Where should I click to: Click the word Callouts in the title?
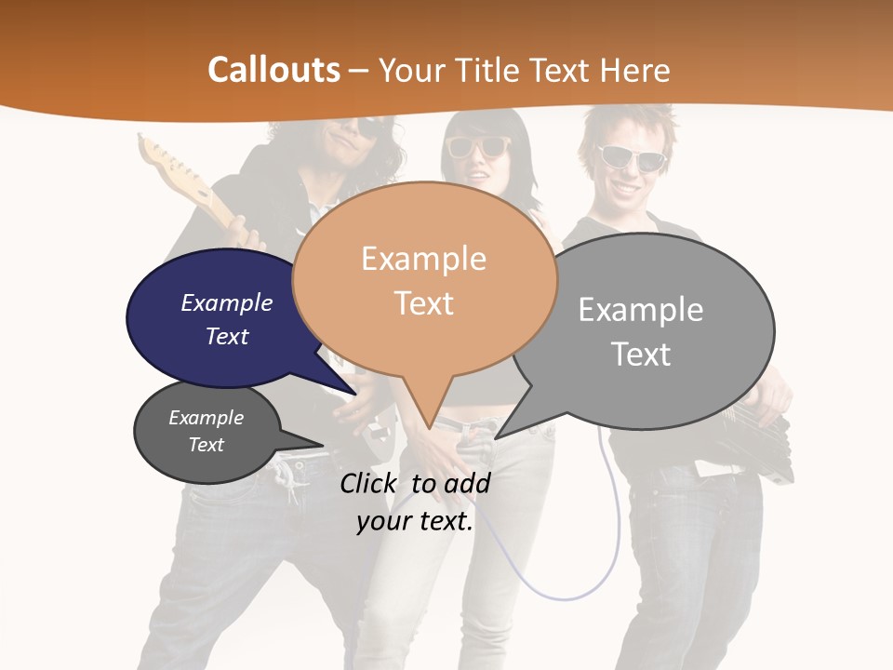273,70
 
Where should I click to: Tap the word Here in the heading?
633,70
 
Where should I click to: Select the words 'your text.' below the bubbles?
415,521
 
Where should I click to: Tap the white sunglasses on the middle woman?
478,147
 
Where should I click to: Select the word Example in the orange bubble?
423,259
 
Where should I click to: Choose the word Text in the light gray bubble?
642,355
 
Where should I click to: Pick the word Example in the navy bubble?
227,302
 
